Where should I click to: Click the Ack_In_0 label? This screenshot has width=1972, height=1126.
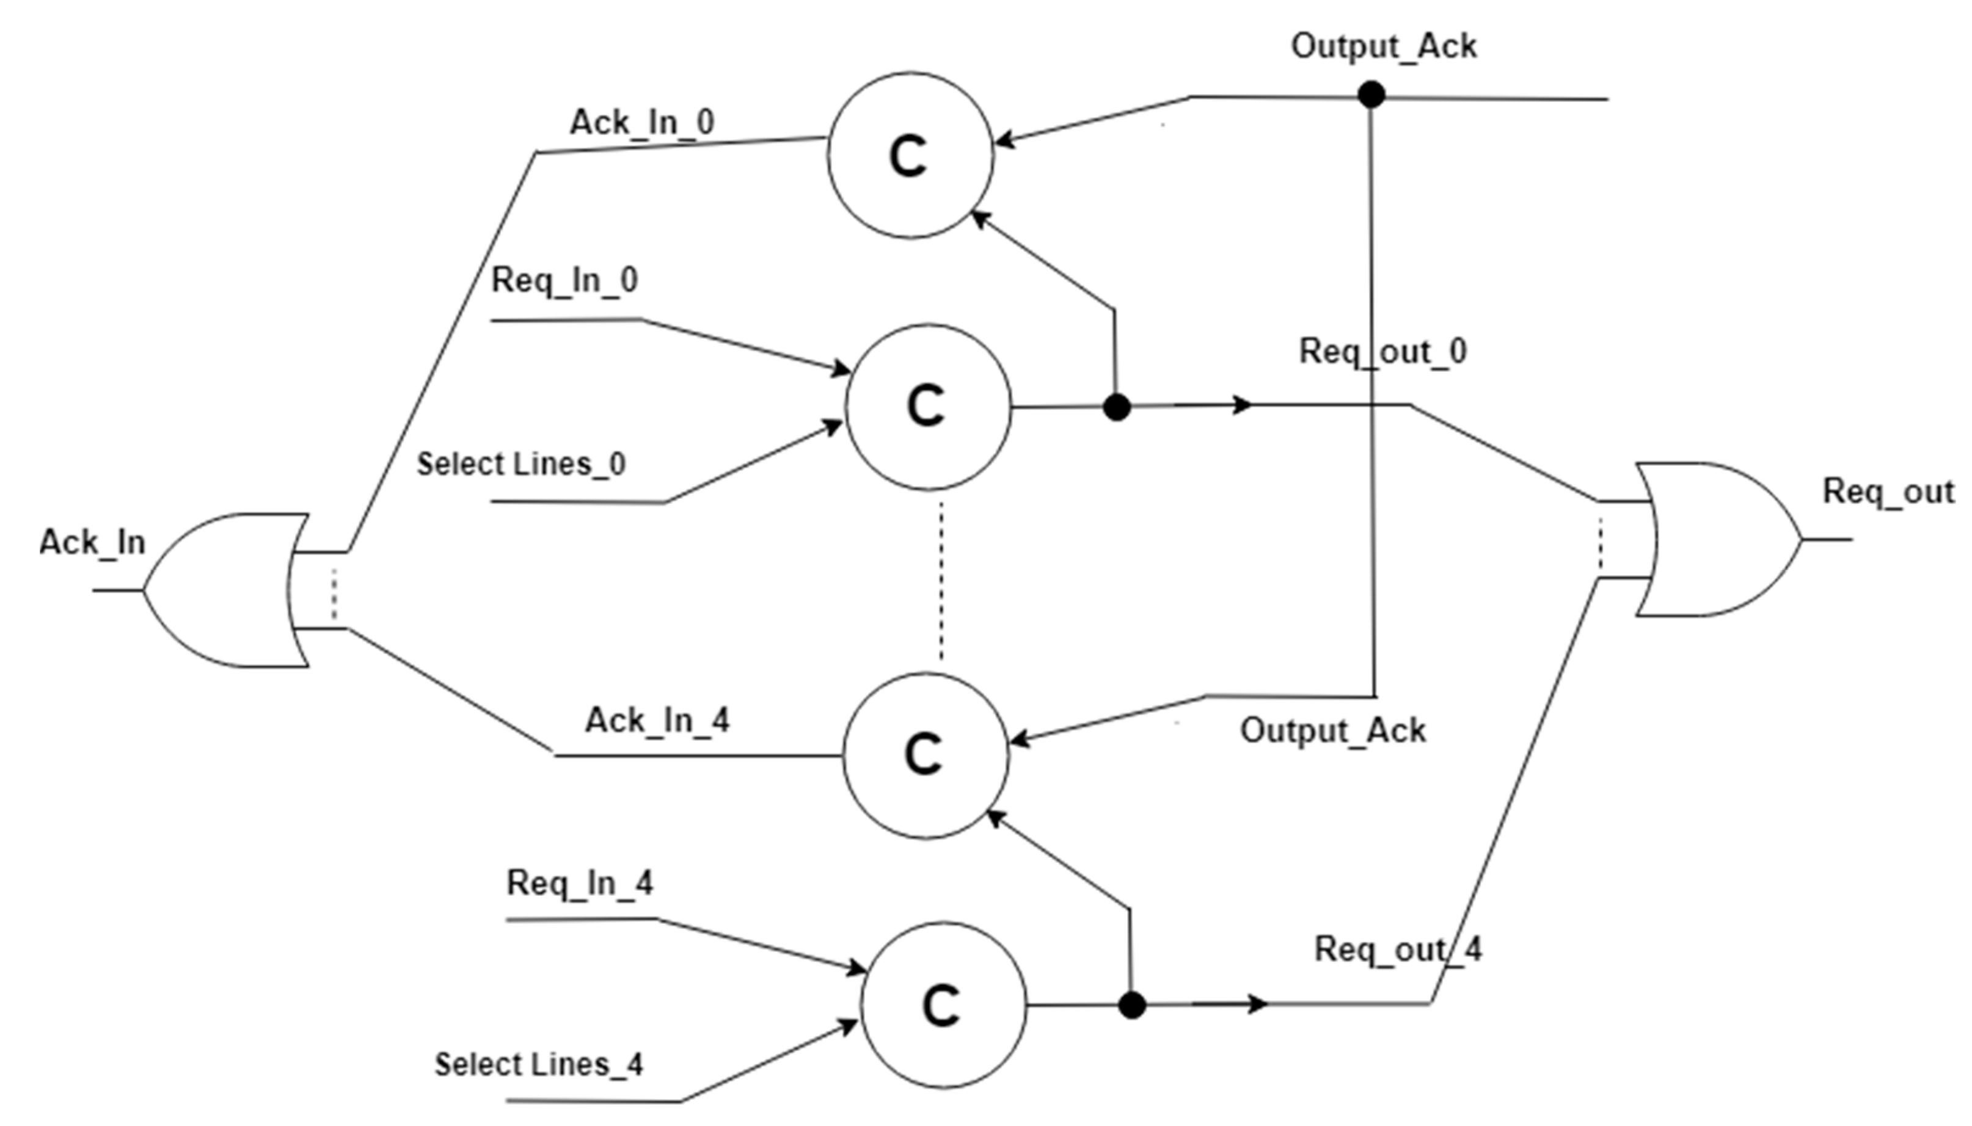(x=641, y=123)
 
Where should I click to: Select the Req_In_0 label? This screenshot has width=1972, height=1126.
(x=564, y=280)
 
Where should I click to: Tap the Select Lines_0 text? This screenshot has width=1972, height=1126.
(x=520, y=465)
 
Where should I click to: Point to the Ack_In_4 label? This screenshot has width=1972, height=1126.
(x=657, y=721)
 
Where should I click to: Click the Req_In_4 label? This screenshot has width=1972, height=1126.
(x=580, y=883)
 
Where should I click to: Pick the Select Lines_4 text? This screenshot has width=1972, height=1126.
(x=538, y=1065)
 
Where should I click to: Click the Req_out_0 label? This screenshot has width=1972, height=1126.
(x=1382, y=352)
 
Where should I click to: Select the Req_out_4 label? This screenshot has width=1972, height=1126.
(x=1397, y=950)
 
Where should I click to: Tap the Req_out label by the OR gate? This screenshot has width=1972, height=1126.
(x=1888, y=492)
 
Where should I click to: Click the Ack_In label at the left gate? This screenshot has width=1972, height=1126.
(x=92, y=543)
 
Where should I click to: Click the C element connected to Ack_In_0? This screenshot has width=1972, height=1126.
(x=910, y=156)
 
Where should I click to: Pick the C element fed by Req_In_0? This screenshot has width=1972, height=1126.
(x=927, y=407)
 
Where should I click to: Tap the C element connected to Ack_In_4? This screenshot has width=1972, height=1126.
(x=926, y=755)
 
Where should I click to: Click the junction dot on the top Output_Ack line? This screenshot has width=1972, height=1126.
(x=1371, y=95)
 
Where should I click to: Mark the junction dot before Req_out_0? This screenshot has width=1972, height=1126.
(x=1116, y=407)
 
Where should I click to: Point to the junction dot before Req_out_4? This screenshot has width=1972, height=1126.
(x=1132, y=1005)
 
